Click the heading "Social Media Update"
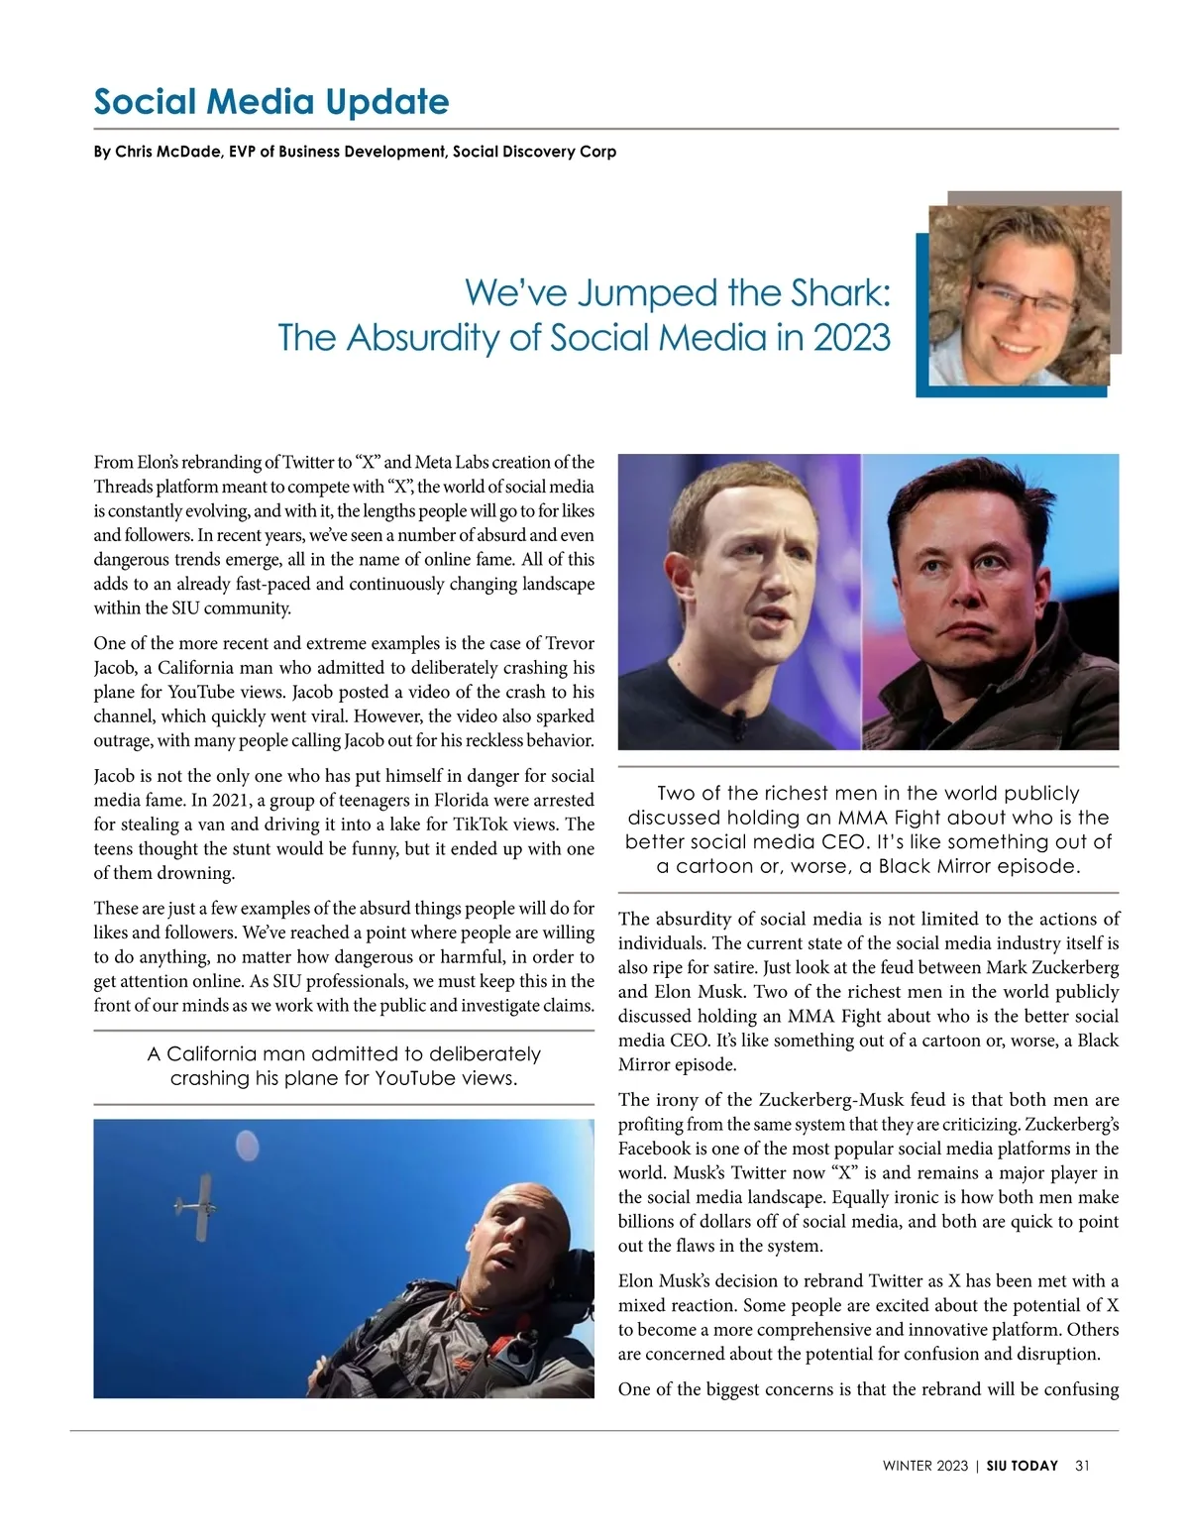[270, 102]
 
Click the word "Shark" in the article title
[840, 292]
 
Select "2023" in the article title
[851, 338]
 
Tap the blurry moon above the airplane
[247, 1147]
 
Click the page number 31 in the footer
[1082, 1466]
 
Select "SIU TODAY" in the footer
[1023, 1466]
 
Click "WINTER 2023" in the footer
[924, 1466]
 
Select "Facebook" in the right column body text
[654, 1149]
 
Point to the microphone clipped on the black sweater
[737, 730]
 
